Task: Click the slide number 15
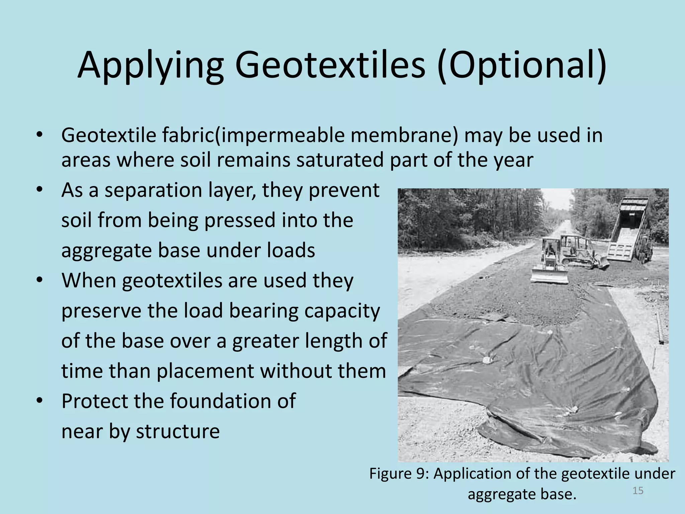tap(638, 491)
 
